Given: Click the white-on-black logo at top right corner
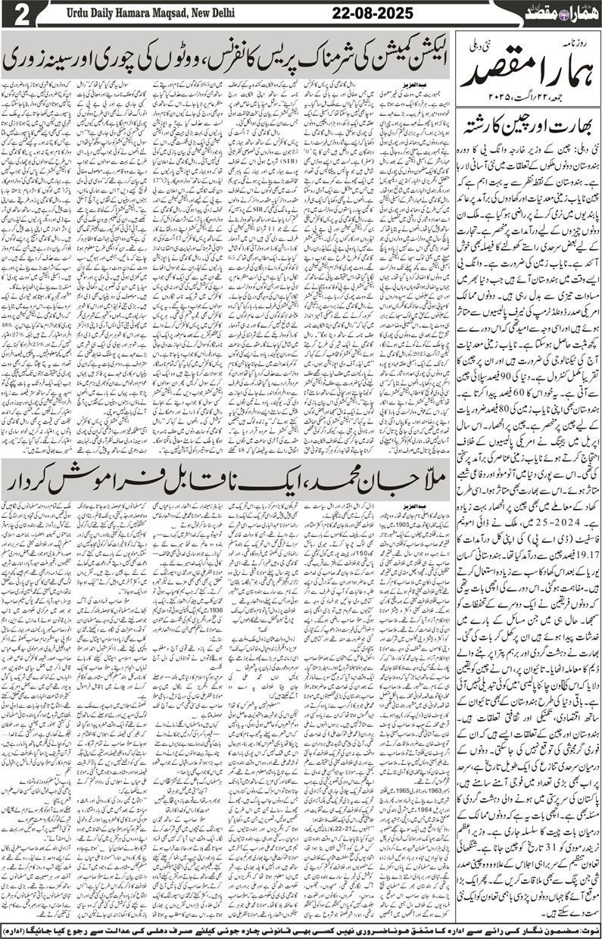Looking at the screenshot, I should click(561, 13).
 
